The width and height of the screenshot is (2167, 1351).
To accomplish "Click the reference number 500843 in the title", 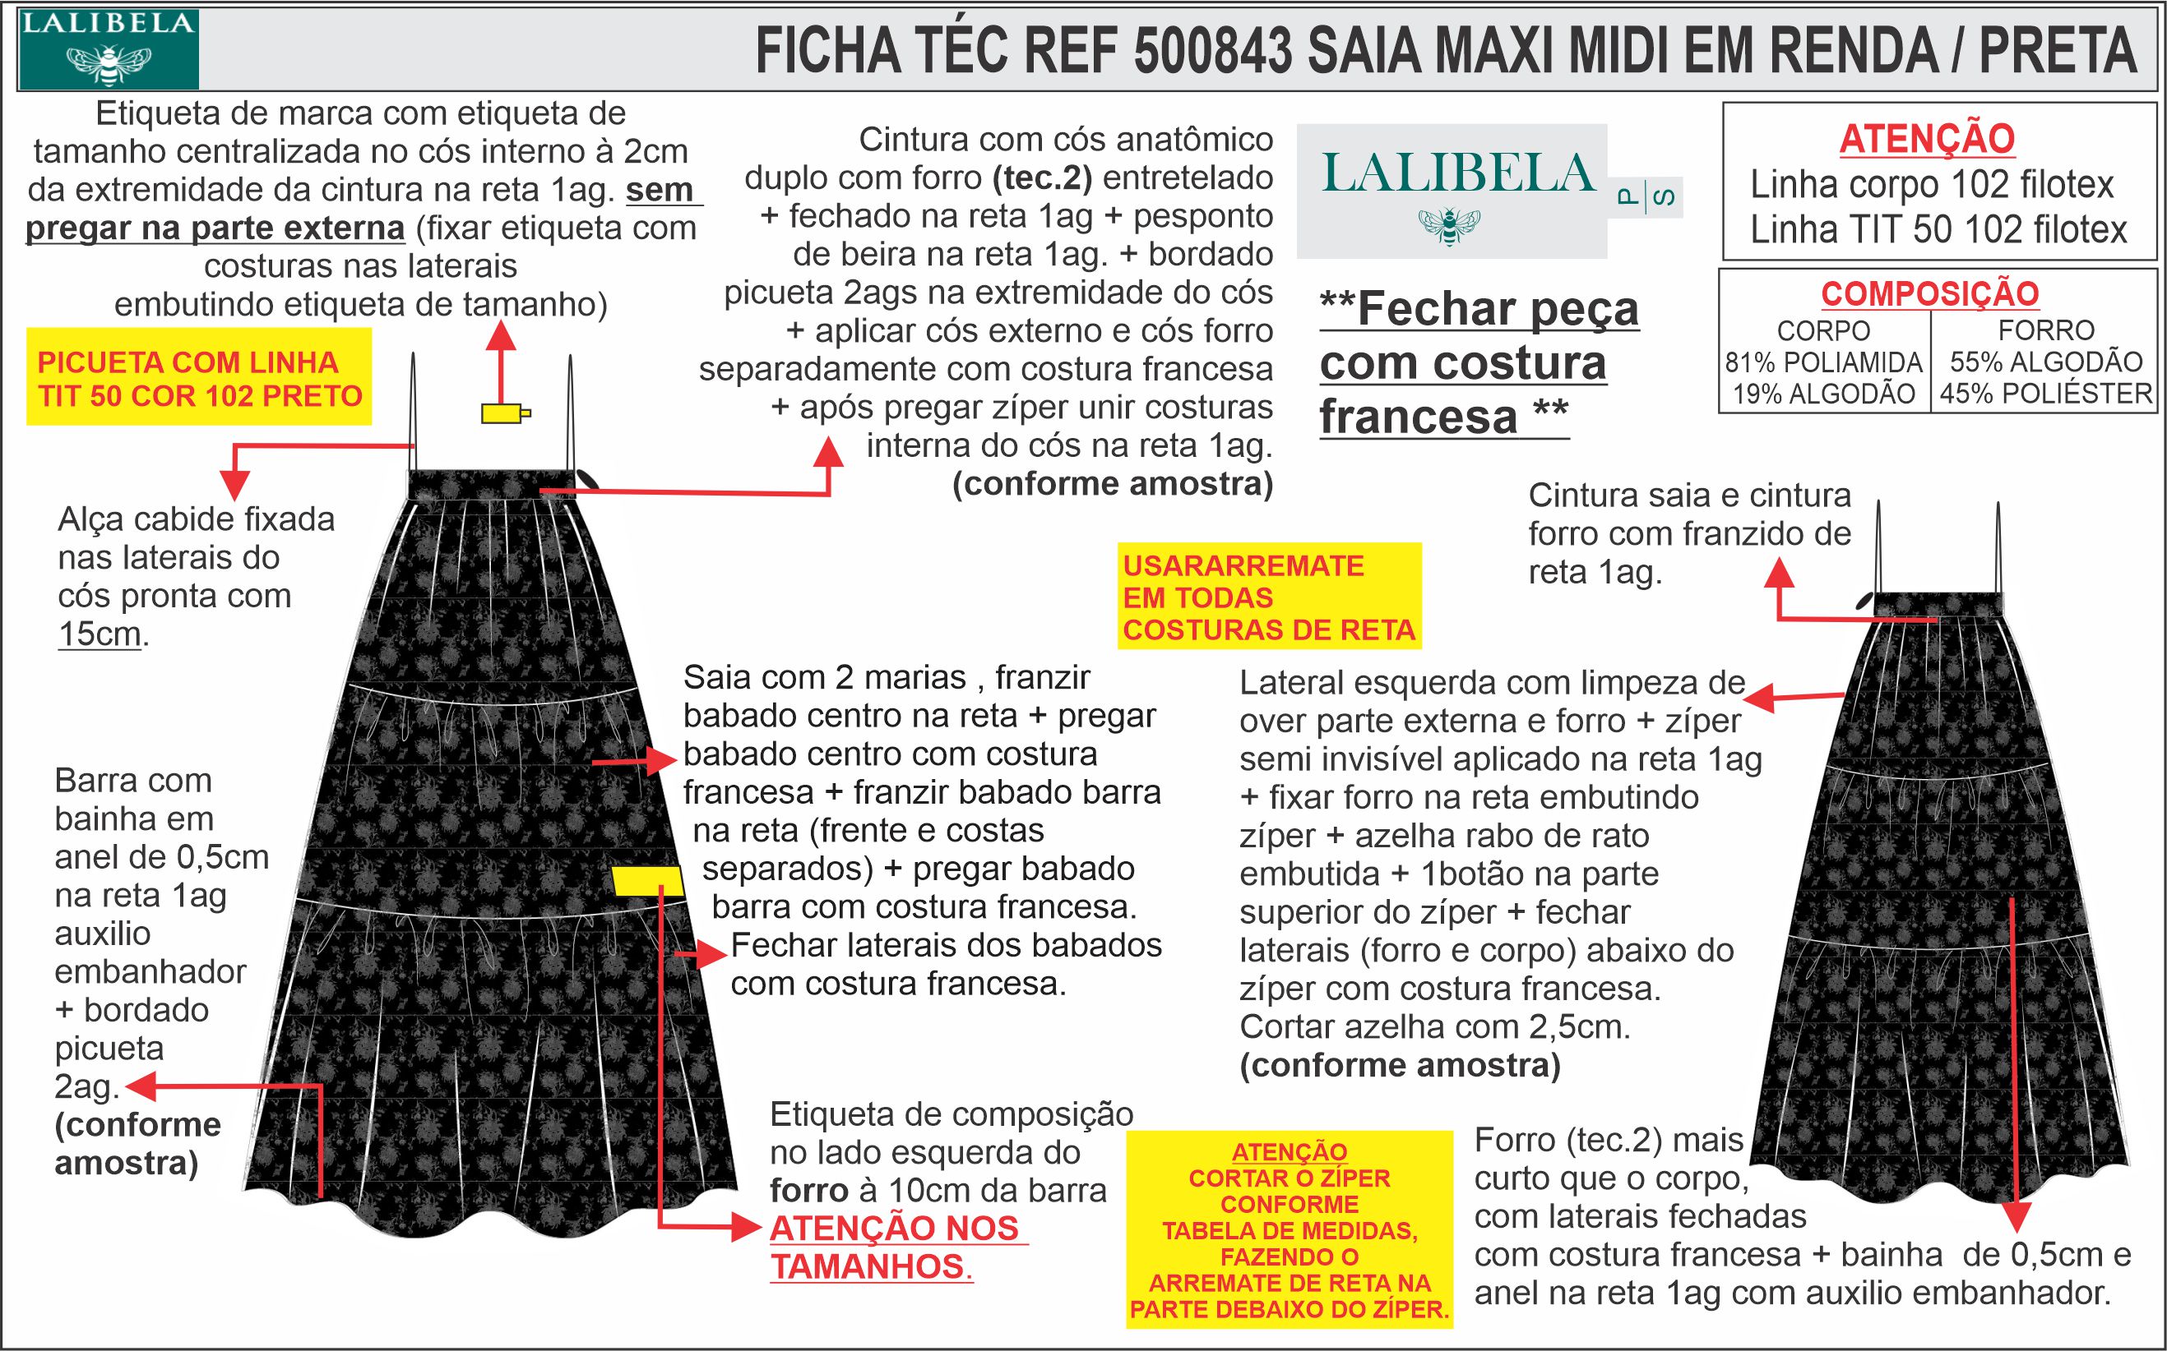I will (x=1212, y=51).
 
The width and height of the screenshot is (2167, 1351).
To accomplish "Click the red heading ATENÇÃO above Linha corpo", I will (x=1927, y=140).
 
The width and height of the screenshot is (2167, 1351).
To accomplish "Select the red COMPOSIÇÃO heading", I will (x=1930, y=294).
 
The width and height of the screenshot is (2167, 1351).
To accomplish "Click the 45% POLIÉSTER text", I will (x=2046, y=393).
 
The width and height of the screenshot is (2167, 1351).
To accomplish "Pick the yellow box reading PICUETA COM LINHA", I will (x=198, y=378).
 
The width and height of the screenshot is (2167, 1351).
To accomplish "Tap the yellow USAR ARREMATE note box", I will (x=1269, y=597).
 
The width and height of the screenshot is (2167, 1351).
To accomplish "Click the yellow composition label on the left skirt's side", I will (x=648, y=880).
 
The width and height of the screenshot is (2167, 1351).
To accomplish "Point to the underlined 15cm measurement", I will (x=100, y=634).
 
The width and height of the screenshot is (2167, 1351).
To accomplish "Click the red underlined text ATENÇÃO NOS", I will (x=894, y=1229).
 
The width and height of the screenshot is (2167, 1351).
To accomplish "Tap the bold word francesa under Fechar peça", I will (x=1418, y=417).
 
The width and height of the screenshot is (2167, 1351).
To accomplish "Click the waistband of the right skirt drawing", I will (x=1938, y=605).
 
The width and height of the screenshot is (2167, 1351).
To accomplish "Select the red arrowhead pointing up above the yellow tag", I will (x=502, y=334).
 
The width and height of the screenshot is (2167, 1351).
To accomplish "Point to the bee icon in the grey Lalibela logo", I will (x=1449, y=225).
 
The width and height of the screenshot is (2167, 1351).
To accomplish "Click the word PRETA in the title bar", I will (x=2057, y=51).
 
